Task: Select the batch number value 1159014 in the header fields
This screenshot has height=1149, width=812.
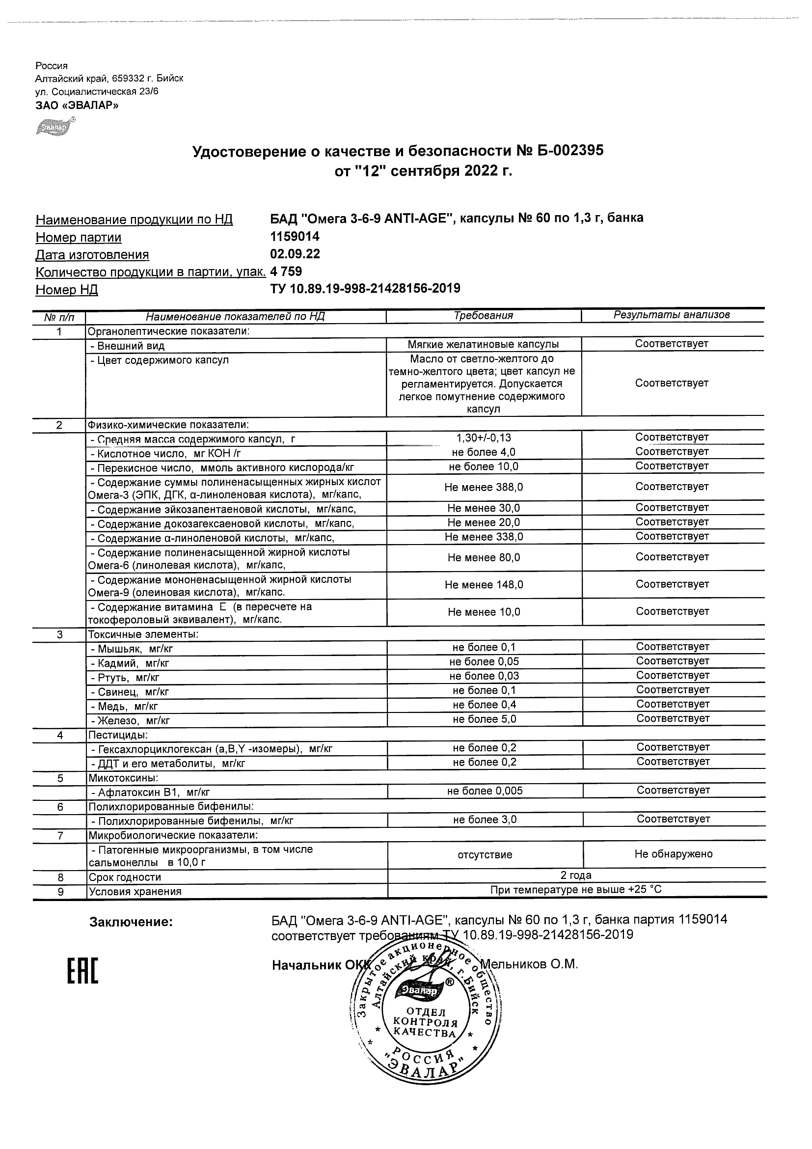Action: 295,236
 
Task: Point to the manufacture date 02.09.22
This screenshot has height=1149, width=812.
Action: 295,254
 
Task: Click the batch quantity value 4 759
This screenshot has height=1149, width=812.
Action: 286,271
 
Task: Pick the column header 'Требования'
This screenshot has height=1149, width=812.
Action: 483,315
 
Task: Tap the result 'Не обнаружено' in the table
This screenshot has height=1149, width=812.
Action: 674,854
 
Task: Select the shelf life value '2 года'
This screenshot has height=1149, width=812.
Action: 576,875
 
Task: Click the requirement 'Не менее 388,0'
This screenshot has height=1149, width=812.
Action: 484,487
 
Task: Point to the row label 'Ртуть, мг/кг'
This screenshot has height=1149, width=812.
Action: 129,678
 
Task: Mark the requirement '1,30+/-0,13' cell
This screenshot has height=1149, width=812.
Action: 484,438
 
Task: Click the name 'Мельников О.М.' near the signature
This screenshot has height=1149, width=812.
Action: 529,964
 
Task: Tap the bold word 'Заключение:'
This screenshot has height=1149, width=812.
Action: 131,922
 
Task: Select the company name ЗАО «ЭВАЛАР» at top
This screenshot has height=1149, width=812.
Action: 77,105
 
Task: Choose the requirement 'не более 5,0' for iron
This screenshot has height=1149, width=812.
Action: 484,719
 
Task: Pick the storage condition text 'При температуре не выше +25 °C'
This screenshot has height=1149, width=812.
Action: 576,890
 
